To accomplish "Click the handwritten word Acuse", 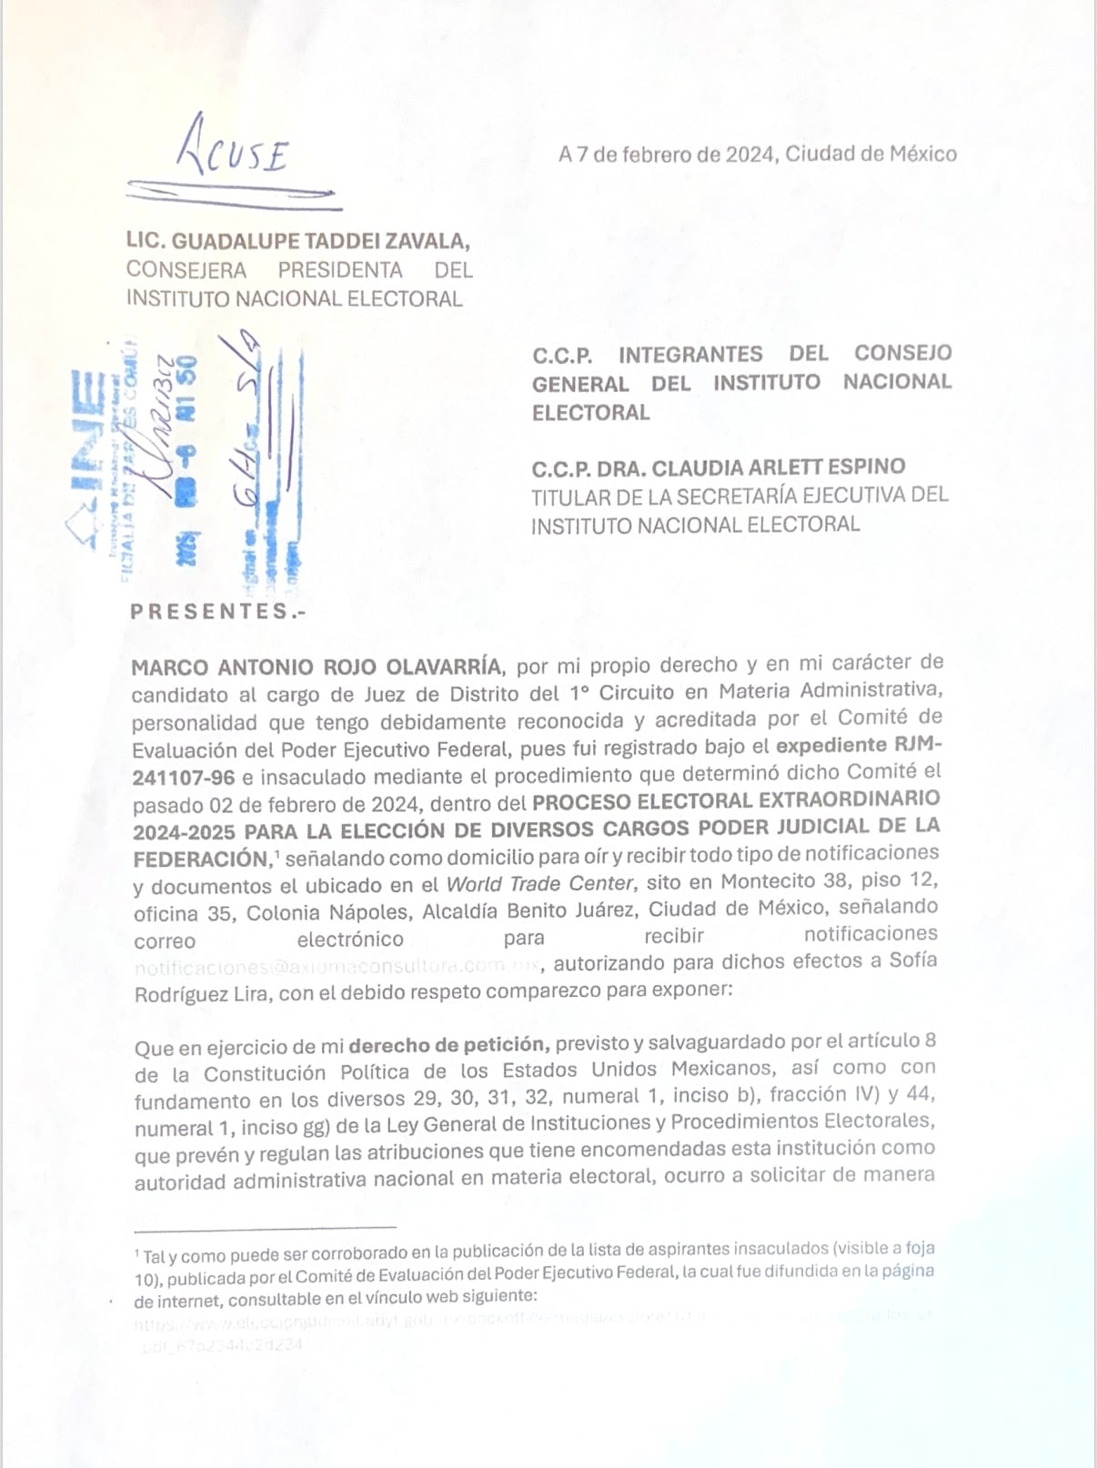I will [235, 150].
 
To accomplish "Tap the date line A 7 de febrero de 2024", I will [669, 155].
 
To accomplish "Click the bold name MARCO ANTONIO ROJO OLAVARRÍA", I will [316, 667].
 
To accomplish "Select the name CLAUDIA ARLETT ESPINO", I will [779, 468].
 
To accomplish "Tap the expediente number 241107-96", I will [184, 779].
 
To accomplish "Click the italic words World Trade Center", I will [539, 884].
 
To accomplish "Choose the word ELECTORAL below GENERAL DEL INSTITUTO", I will [591, 413].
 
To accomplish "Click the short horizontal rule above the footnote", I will [265, 1228].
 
